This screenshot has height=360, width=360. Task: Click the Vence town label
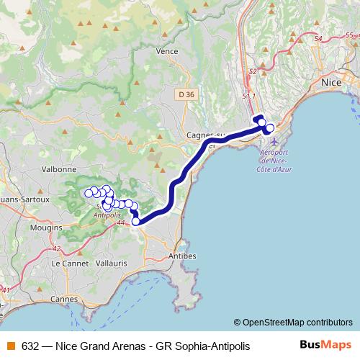pos(166,52)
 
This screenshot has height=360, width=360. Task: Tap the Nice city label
pos(330,84)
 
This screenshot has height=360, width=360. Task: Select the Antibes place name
pos(181,256)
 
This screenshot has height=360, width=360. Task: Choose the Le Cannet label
pos(69,264)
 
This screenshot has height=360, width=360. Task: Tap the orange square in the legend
pos(10,346)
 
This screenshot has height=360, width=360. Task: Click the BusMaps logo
pos(325,346)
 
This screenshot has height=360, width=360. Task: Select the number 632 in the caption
pos(30,346)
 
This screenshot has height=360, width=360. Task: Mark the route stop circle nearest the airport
pos(270,128)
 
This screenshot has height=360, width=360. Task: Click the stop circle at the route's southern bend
pos(135,221)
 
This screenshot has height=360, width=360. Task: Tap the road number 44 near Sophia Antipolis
pos(120,224)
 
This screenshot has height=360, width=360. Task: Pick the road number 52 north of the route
pos(252,72)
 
